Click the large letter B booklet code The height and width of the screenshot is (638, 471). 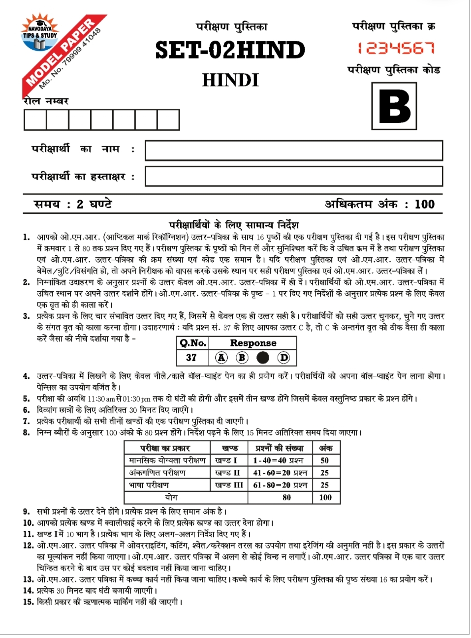pyautogui.click(x=394, y=106)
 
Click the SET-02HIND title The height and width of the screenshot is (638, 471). pyautogui.click(x=230, y=50)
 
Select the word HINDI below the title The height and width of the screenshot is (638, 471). pyautogui.click(x=230, y=80)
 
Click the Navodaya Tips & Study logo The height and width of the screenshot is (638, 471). pyautogui.click(x=39, y=34)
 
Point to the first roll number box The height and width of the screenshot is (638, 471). pyautogui.click(x=35, y=120)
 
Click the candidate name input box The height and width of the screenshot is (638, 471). pyautogui.click(x=294, y=151)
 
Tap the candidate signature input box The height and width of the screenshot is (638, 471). pyautogui.click(x=294, y=176)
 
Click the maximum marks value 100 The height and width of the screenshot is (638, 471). pyautogui.click(x=424, y=204)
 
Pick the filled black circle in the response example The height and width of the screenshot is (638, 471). pyautogui.click(x=263, y=358)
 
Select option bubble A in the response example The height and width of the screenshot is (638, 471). pyautogui.click(x=221, y=358)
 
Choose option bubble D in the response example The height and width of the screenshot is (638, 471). pyautogui.click(x=284, y=358)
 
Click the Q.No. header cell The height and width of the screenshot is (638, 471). pyautogui.click(x=192, y=343)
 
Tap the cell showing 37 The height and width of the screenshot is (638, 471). pyautogui.click(x=191, y=358)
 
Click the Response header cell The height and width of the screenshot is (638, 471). pyautogui.click(x=253, y=343)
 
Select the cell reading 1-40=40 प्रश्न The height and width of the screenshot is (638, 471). pyautogui.click(x=280, y=460)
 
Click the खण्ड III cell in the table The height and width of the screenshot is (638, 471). pyautogui.click(x=229, y=485)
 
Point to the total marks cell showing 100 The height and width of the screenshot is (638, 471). pyautogui.click(x=325, y=497)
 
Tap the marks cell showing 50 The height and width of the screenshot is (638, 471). pyautogui.click(x=325, y=460)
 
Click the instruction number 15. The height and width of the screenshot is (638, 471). pyautogui.click(x=28, y=602)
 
